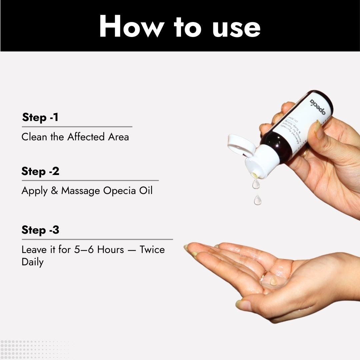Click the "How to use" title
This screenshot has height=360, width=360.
180,27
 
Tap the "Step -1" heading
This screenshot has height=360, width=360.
40,117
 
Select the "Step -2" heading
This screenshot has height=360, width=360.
40,171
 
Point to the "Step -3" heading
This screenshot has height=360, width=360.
40,230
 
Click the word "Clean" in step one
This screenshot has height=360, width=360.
35,137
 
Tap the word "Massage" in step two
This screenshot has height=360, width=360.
80,191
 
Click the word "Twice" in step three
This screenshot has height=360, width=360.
152,250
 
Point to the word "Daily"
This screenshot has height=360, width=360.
32,262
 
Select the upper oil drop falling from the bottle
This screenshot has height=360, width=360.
256,184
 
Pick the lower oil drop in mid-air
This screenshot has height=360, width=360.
257,200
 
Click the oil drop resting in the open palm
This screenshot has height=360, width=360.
273,281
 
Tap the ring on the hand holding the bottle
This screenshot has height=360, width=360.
305,153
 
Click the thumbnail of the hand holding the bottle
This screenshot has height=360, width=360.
318,130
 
